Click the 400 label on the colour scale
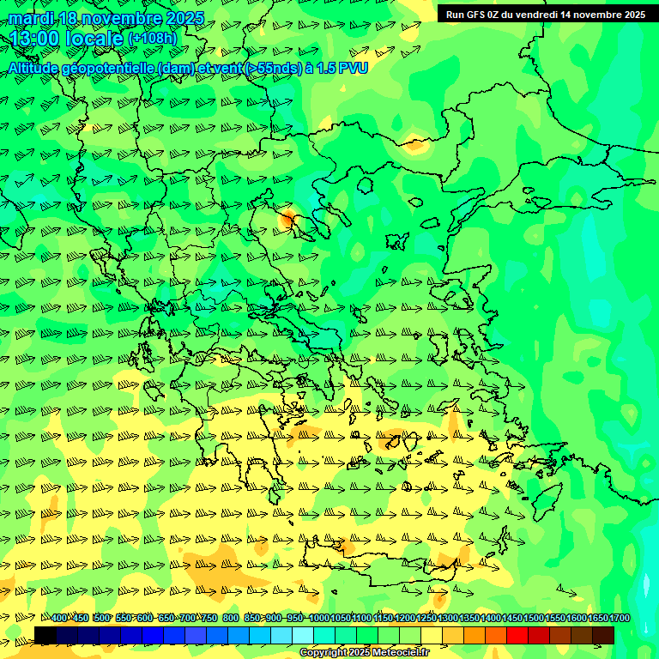pos(59,618)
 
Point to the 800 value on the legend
pos(231,618)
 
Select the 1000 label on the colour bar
pos(319,618)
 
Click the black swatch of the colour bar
pos(45,635)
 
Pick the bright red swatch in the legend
pos(517,635)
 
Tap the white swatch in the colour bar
pos(303,635)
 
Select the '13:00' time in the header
pos(33,39)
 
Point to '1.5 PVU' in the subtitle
pos(342,67)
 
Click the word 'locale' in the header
pos(94,39)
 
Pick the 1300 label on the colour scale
pos(448,618)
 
